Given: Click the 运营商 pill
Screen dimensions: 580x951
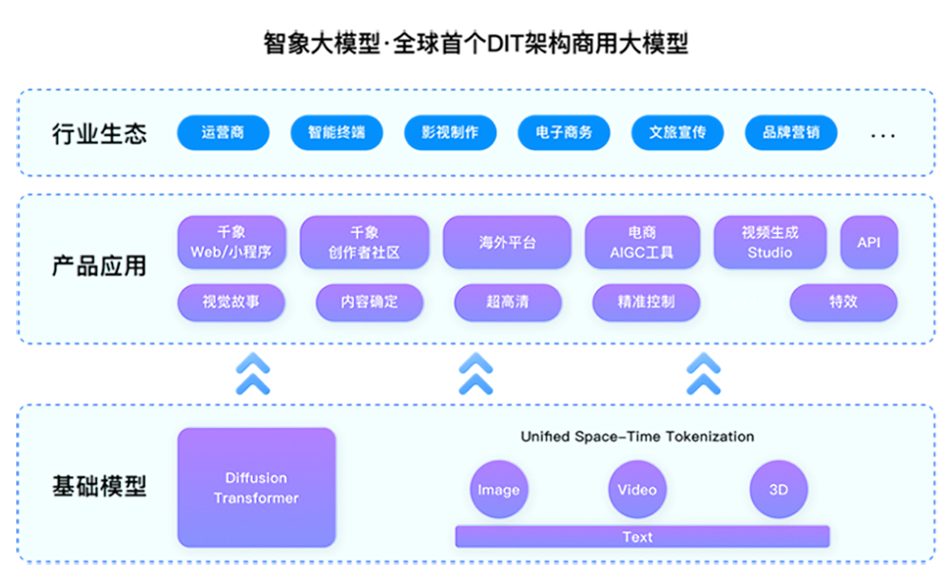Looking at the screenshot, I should [223, 132].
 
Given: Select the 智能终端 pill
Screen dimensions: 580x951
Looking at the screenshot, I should [336, 132].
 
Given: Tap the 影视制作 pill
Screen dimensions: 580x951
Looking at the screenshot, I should [450, 132].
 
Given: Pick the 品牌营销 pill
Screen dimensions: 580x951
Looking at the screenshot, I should [790, 132].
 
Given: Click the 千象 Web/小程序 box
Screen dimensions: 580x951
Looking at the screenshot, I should [231, 242].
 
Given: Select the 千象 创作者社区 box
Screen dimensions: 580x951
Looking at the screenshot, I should [364, 242].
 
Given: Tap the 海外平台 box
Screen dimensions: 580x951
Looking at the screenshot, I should [507, 242].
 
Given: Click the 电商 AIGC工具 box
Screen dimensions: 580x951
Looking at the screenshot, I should [642, 242].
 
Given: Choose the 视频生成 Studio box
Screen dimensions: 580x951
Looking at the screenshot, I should [770, 242].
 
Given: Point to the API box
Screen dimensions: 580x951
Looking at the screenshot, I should [869, 242].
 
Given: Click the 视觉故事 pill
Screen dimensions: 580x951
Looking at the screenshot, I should [231, 302].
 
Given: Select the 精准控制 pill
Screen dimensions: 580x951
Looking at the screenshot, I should [647, 302].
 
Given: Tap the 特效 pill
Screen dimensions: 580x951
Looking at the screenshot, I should [844, 302].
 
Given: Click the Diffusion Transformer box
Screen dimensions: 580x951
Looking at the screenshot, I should [257, 488].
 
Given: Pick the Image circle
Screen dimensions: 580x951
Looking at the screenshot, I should [498, 490].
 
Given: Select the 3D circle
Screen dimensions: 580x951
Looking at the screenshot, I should [778, 490].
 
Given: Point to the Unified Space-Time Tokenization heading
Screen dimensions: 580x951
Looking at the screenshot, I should [636, 436].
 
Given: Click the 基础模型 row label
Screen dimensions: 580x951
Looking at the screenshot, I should [99, 488].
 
